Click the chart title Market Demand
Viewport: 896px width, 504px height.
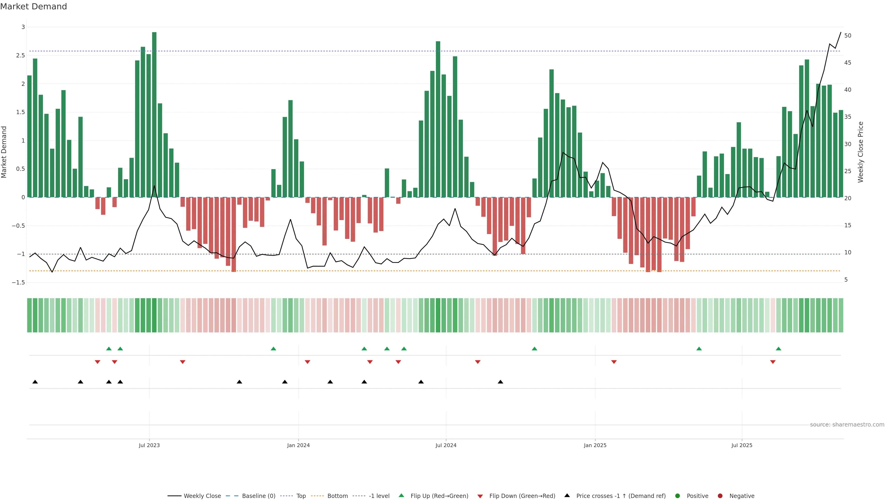tap(33, 7)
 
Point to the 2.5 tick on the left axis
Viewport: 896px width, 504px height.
tap(21, 56)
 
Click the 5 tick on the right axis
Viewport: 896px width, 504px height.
tap(846, 280)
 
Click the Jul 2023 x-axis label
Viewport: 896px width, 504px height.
tap(149, 445)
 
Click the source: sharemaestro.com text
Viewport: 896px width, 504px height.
tap(847, 425)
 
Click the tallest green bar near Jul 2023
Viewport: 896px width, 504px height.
tap(154, 115)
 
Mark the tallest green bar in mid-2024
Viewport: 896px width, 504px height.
tap(438, 119)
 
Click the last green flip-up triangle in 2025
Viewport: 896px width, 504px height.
tap(778, 349)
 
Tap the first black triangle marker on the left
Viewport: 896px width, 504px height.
tap(35, 382)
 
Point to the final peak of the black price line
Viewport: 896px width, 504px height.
tap(841, 32)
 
